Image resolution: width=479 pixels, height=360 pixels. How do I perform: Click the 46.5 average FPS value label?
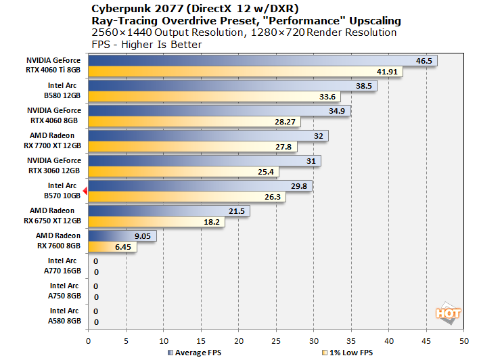tap(424, 61)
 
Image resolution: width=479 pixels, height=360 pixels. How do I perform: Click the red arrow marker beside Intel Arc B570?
tap(85, 190)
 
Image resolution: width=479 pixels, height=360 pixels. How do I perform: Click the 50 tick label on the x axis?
tap(463, 340)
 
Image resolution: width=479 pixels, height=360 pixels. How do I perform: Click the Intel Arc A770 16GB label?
tap(64, 265)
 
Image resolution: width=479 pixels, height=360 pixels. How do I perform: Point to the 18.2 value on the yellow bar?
tap(212, 222)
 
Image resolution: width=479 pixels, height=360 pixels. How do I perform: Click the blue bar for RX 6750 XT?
tap(168, 211)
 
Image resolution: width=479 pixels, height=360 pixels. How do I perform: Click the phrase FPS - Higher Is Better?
tap(145, 45)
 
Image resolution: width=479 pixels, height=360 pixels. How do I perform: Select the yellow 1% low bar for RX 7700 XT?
tap(192, 147)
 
